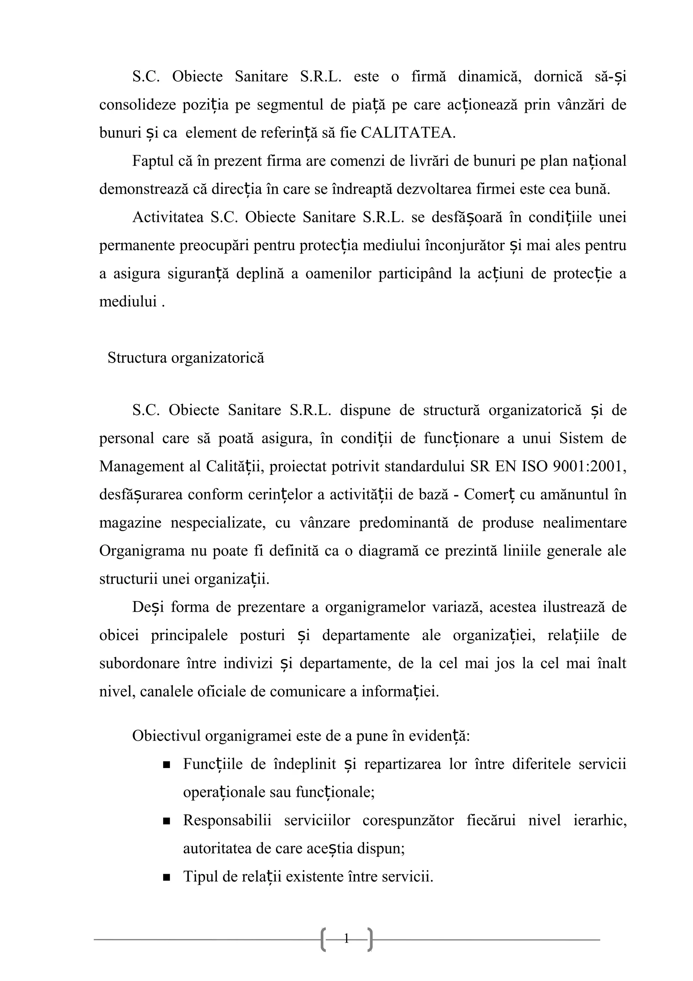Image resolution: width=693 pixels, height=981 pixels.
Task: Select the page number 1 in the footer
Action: pyautogui.click(x=346, y=938)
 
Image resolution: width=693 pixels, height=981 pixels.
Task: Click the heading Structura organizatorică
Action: pyautogui.click(x=186, y=357)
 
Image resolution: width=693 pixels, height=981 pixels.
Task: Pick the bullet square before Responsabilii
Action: pyautogui.click(x=167, y=821)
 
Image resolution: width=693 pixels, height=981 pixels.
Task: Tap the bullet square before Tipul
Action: pyautogui.click(x=167, y=877)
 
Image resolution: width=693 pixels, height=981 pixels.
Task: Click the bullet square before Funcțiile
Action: pyautogui.click(x=167, y=764)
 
